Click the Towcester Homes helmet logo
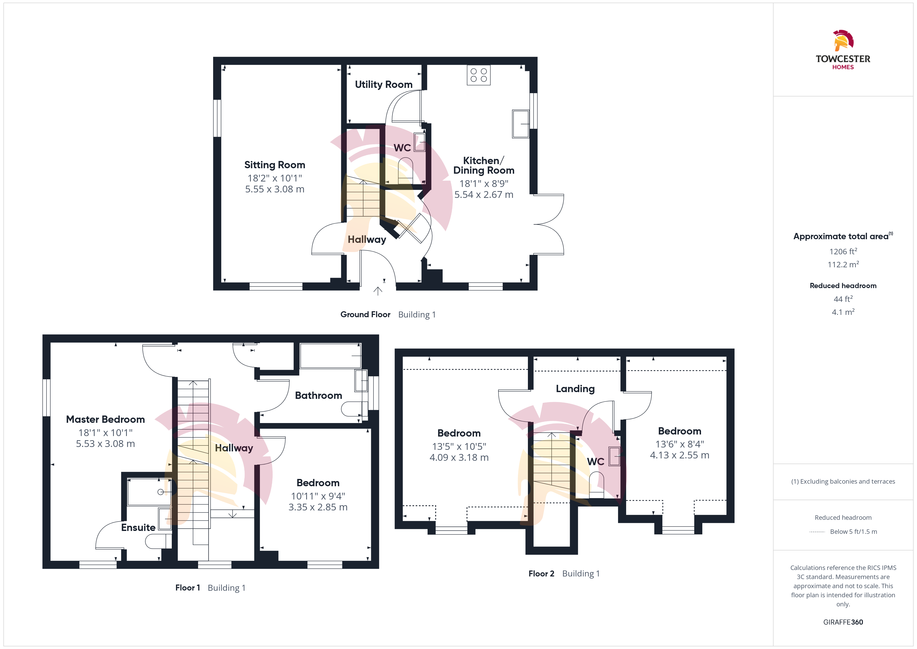843,40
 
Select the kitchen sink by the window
520,124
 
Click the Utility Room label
383,85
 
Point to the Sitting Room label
275,165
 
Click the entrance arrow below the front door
378,291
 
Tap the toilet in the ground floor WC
405,171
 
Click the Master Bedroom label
106,419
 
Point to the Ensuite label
138,528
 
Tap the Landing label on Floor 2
575,389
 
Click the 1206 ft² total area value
843,251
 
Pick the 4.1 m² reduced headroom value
843,312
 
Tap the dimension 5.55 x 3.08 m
275,190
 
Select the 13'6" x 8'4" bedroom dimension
680,444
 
